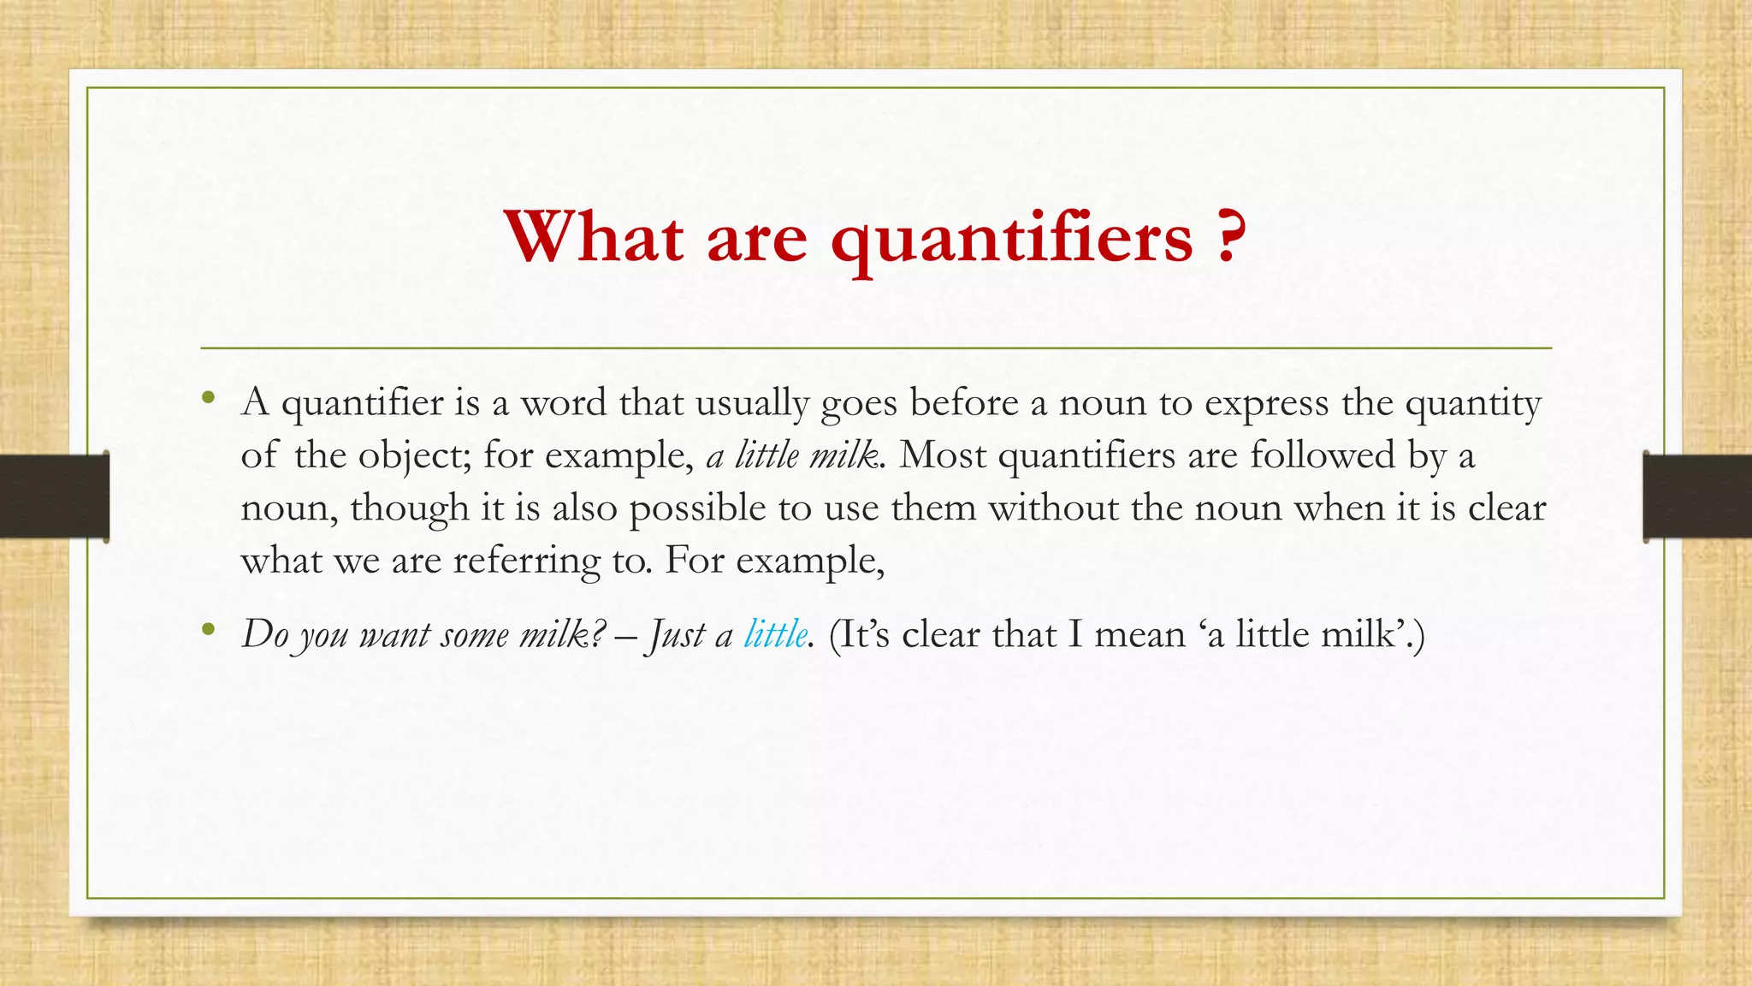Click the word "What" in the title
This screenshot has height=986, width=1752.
point(594,237)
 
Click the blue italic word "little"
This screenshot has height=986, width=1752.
point(775,634)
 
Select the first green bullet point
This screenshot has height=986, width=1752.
point(207,397)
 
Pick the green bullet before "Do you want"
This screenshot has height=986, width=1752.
point(207,630)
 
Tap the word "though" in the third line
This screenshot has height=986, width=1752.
point(409,508)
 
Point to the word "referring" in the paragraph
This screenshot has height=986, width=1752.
point(526,561)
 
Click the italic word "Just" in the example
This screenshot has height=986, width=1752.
point(677,635)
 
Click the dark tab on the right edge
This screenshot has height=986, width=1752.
point(1697,496)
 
